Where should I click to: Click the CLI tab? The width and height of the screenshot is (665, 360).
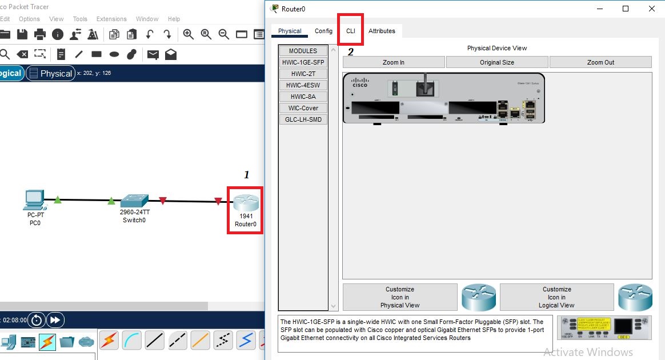point(350,31)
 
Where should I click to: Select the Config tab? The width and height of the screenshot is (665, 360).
point(323,31)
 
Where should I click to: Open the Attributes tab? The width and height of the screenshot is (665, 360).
point(382,31)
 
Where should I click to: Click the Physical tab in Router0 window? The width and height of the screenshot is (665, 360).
point(290,31)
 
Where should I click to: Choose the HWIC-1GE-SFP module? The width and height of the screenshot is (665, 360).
point(303,62)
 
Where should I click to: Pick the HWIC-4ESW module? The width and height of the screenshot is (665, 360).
point(303,85)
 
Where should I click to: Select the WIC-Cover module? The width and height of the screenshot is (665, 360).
point(303,108)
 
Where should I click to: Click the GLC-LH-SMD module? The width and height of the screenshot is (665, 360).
point(303,119)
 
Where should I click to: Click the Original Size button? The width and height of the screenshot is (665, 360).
point(496,62)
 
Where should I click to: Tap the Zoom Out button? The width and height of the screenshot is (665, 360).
point(600,62)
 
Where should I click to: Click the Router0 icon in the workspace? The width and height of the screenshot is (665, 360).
point(246,203)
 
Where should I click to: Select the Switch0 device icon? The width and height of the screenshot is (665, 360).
point(134,201)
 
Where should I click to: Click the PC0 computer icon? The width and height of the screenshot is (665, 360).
point(35,199)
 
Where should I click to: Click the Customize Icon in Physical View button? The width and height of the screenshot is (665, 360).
point(399,297)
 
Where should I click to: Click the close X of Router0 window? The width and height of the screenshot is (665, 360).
point(652,9)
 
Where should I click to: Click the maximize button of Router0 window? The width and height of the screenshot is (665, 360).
point(626,9)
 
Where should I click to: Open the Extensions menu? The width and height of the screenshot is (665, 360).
point(111,19)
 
